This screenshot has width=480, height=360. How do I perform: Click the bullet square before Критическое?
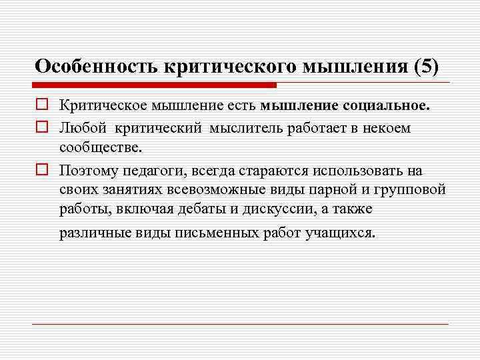pyautogui.click(x=41, y=105)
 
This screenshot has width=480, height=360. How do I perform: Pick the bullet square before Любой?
pyautogui.click(x=41, y=127)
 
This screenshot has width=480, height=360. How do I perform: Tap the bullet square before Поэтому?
pyautogui.click(x=41, y=170)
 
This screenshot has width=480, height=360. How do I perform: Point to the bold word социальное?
pyautogui.click(x=386, y=105)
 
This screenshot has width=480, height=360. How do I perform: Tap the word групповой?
pyautogui.click(x=413, y=190)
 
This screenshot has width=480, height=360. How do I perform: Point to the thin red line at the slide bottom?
pyautogui.click(x=240, y=324)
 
